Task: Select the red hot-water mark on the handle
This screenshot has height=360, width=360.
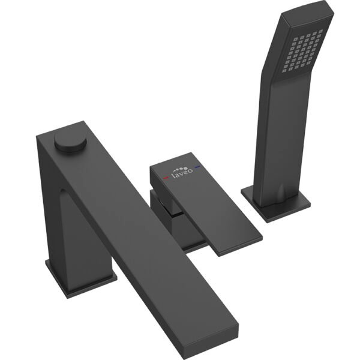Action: pyautogui.click(x=166, y=178)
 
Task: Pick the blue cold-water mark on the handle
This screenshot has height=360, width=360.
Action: pyautogui.click(x=197, y=167)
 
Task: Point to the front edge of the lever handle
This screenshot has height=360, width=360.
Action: pyautogui.click(x=239, y=247)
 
